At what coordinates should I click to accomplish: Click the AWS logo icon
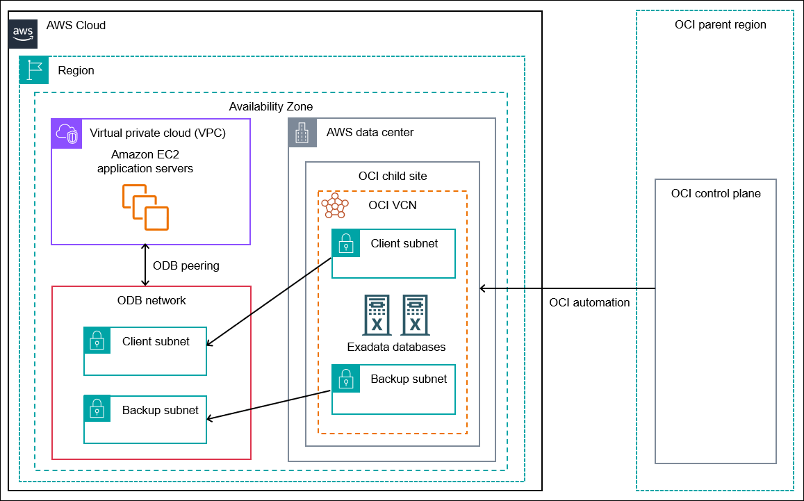[23, 33]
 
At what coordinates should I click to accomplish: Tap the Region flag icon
[33, 70]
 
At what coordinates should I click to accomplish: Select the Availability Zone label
[270, 106]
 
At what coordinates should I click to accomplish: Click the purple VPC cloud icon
[67, 133]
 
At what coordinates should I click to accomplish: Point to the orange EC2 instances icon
[145, 207]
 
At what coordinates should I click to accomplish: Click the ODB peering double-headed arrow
[145, 265]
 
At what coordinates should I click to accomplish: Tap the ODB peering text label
[186, 265]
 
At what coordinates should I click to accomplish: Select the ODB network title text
[151, 300]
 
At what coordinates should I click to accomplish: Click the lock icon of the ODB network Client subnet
[97, 340]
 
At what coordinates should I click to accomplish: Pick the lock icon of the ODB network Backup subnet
[97, 409]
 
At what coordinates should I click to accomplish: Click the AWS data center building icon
[302, 132]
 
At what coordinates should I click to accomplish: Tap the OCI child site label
[393, 176]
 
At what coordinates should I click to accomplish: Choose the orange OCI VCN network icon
[335, 206]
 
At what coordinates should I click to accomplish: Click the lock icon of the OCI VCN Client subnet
[345, 243]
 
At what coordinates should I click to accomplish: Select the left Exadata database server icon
[377, 315]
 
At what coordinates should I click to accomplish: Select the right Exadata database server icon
[415, 315]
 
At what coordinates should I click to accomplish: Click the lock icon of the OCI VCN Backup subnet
[345, 378]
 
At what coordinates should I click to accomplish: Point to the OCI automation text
[589, 302]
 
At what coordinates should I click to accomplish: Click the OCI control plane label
[716, 193]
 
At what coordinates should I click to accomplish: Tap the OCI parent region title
[720, 24]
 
